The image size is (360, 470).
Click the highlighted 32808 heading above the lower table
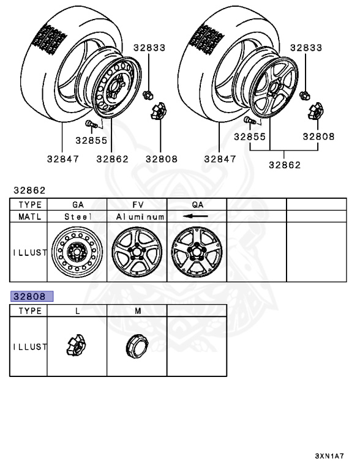tap(32, 296)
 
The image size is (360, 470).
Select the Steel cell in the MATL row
tap(78, 217)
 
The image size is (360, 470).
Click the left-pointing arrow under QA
tap(195, 216)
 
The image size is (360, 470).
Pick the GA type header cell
tap(78, 205)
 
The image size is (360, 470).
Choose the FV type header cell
tap(138, 205)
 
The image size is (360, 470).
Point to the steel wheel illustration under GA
tap(77, 252)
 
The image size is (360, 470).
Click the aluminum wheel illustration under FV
tap(137, 252)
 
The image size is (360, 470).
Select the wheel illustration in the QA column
tap(197, 252)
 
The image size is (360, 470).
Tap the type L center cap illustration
tap(76, 345)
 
